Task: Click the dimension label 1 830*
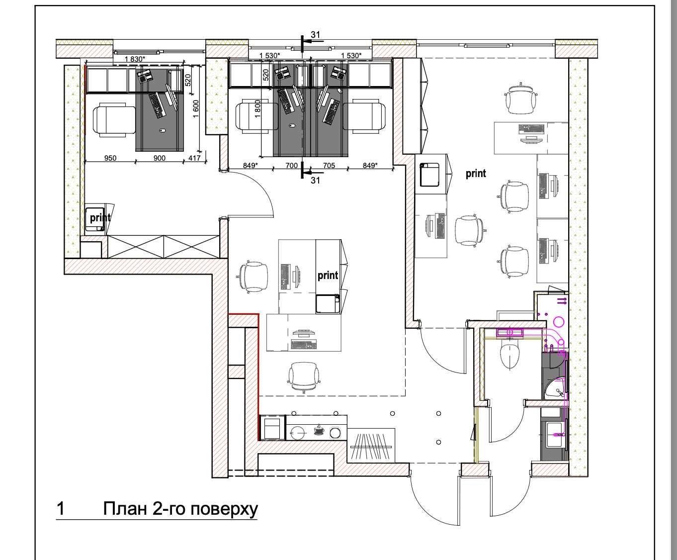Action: [135, 59]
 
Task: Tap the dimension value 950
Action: [110, 158]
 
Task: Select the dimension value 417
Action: [194, 158]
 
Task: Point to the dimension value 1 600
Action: [195, 109]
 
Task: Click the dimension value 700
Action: [291, 166]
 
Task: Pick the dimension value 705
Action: [329, 166]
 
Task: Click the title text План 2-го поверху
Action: [180, 509]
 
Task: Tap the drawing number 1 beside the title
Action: [61, 509]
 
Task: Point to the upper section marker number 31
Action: [315, 34]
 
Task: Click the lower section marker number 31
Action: [315, 180]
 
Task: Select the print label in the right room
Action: [476, 174]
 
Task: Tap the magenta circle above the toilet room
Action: [559, 322]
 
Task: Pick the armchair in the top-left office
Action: [114, 120]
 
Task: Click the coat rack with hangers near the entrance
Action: [371, 446]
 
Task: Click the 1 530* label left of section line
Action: [269, 56]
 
